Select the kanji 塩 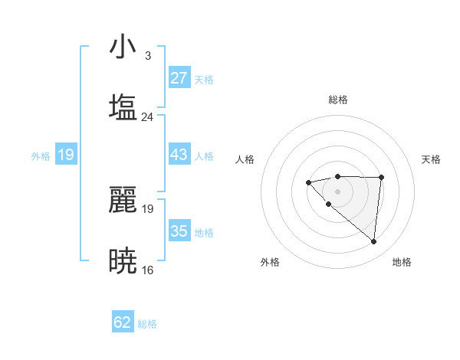tap(123, 107)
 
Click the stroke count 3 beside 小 tap(147, 56)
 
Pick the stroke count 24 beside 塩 tap(147, 117)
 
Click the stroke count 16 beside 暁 tap(147, 270)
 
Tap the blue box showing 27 tap(179, 78)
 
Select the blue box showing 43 tap(179, 155)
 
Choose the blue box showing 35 tap(179, 231)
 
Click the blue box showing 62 tap(123, 322)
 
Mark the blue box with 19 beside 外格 tap(66, 155)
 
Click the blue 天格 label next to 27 tap(204, 80)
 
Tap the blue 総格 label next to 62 tap(147, 324)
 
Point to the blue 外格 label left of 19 tap(41, 156)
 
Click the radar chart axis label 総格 tap(337, 100)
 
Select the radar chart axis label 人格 tap(245, 159)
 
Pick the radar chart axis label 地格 tap(402, 262)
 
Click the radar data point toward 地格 tap(374, 242)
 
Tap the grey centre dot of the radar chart tap(337, 191)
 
